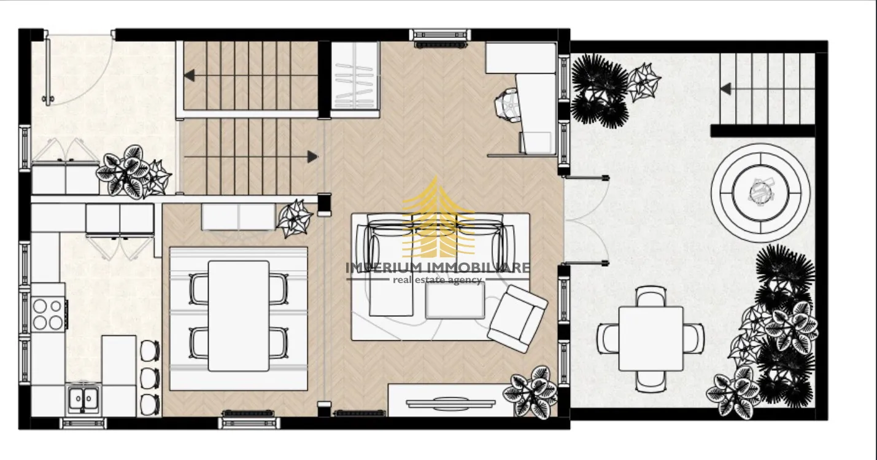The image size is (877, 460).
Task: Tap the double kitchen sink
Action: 83,399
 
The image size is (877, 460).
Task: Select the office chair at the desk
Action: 508,104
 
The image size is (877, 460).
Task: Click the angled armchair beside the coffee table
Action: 517,319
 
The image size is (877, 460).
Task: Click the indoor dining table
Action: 239,316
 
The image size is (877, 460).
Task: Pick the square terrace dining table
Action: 651,339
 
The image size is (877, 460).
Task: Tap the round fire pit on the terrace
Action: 760,193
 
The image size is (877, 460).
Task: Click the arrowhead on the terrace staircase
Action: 725,89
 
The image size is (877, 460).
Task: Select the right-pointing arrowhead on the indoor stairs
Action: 312,157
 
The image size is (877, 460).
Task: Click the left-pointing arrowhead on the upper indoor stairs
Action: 190,75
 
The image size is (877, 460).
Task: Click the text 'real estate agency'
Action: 437,280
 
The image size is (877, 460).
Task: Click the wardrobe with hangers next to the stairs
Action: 355,80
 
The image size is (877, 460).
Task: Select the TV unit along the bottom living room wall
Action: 450,400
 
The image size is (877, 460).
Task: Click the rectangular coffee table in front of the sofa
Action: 455,300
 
